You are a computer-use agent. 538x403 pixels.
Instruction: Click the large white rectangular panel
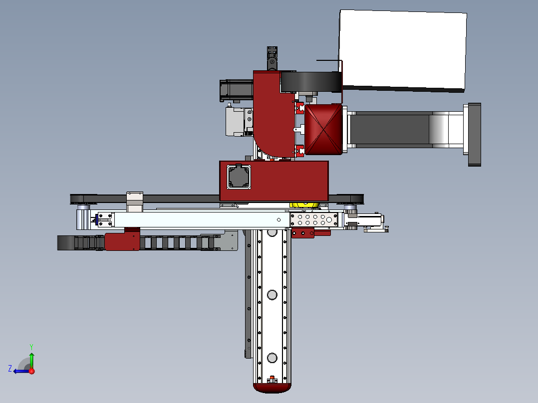(403, 51)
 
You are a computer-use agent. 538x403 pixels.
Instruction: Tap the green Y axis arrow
(31, 360)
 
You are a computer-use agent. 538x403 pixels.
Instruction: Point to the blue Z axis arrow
(21, 371)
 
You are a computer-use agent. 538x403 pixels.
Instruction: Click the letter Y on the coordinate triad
(31, 347)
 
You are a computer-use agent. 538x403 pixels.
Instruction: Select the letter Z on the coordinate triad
(10, 369)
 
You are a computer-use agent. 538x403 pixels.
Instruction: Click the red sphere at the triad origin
(31, 371)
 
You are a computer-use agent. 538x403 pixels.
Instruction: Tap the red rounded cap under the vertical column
(272, 388)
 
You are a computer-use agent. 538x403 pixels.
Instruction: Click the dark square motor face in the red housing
(239, 177)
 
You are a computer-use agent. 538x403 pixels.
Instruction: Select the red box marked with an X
(323, 129)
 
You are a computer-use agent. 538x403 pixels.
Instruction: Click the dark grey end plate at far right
(475, 135)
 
